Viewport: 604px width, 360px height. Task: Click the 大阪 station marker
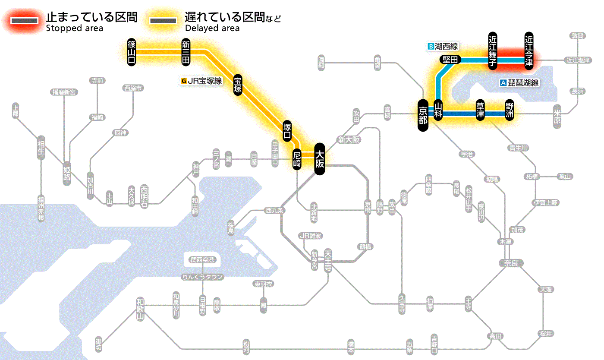click(319, 159)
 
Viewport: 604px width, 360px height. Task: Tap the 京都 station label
click(423, 115)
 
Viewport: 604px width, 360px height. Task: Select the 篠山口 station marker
click(132, 52)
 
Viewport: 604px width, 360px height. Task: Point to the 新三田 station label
click(186, 52)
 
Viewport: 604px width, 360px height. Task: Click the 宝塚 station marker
click(238, 85)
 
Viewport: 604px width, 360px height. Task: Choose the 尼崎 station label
click(297, 159)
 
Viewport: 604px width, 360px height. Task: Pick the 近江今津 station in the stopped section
click(529, 51)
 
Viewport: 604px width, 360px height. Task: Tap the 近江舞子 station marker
click(493, 51)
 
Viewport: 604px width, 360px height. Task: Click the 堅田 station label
click(450, 60)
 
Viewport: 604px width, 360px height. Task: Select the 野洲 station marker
click(510, 111)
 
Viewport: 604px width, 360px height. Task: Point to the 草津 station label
click(480, 111)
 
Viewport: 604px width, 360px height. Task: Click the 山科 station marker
click(438, 111)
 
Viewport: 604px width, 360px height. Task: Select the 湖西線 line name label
click(443, 46)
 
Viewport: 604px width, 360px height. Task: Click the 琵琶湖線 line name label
click(520, 83)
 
